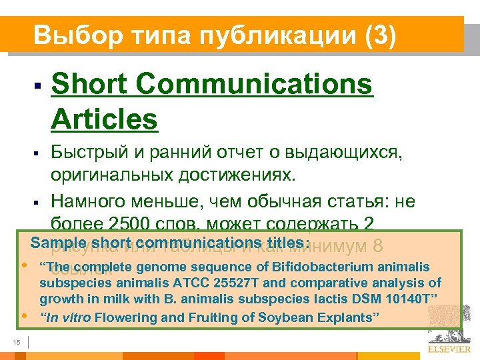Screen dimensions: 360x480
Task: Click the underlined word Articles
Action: (104, 119)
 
